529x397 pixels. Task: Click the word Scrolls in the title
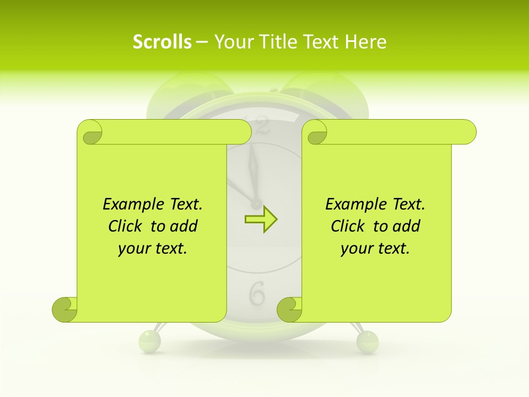pyautogui.click(x=162, y=42)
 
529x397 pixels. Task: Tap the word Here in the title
pyautogui.click(x=366, y=42)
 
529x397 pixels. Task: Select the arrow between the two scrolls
pyautogui.click(x=261, y=219)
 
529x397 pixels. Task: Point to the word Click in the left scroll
pyautogui.click(x=127, y=226)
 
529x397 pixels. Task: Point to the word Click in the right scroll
pyautogui.click(x=350, y=226)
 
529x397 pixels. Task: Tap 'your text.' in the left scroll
pyautogui.click(x=153, y=248)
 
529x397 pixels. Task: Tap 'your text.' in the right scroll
pyautogui.click(x=375, y=248)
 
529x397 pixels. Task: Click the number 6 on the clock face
pyautogui.click(x=257, y=294)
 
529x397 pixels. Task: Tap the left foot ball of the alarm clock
pyautogui.click(x=149, y=341)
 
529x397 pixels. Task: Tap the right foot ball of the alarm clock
pyautogui.click(x=367, y=341)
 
